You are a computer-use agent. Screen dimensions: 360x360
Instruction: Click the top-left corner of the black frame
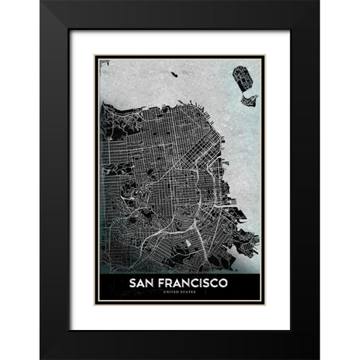41,1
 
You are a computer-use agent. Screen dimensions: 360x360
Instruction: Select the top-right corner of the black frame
318,1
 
